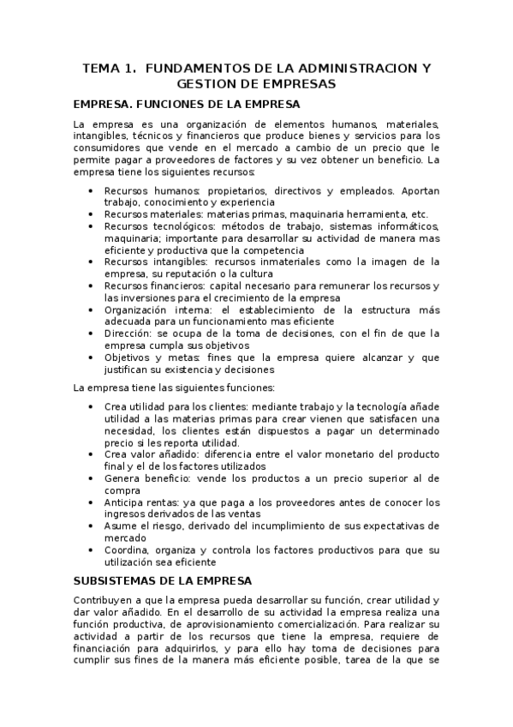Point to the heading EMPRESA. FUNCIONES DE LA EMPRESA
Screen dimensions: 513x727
click(x=187, y=104)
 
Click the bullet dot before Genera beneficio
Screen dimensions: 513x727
click(x=92, y=478)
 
